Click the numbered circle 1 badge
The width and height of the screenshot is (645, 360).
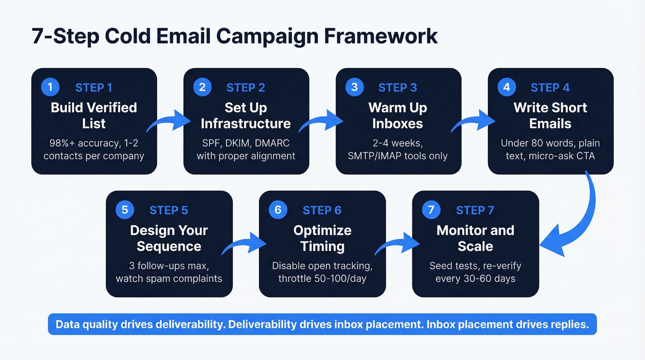click(50, 87)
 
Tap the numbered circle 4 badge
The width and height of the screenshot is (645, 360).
click(506, 87)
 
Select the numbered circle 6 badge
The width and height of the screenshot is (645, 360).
click(278, 210)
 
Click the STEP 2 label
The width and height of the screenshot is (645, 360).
click(246, 88)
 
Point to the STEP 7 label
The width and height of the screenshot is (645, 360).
click(475, 210)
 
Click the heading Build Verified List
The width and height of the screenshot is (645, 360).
click(94, 115)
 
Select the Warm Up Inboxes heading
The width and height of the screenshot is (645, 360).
click(398, 115)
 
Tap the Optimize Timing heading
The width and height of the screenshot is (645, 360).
click(322, 238)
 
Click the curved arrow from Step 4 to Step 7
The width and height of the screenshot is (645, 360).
click(578, 217)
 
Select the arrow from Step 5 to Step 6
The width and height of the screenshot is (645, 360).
click(245, 244)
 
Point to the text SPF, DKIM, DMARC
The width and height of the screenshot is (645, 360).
click(246, 143)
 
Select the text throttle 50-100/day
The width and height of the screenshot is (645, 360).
click(322, 278)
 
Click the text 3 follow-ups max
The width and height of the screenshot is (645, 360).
click(169, 266)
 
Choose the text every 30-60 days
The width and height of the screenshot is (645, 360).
click(475, 278)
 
